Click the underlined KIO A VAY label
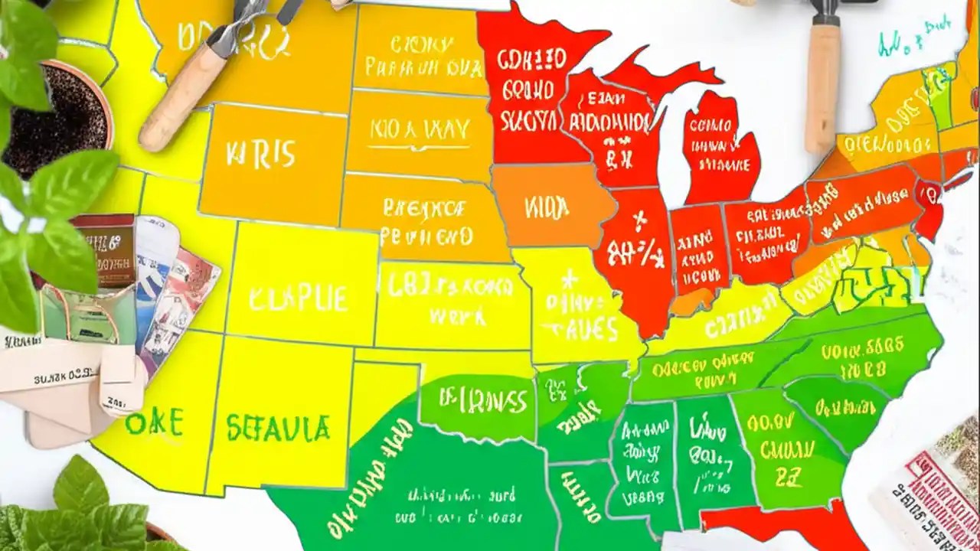click(420, 130)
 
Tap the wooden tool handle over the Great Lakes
click(822, 84)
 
